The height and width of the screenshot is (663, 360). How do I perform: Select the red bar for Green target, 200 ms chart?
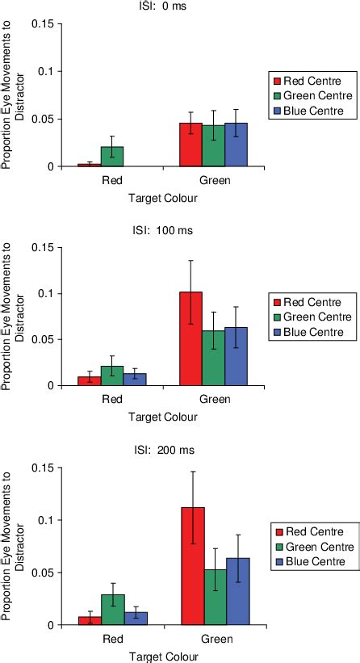pos(193,566)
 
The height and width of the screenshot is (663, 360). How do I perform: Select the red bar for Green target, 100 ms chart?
pos(190,338)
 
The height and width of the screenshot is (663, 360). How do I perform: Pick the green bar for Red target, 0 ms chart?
pos(112,157)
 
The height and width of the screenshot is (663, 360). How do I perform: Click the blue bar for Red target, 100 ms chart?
pos(135,380)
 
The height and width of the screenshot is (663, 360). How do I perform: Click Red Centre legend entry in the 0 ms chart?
pos(311,81)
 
